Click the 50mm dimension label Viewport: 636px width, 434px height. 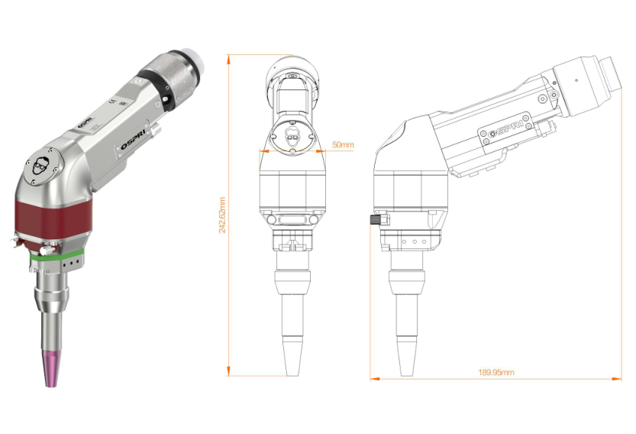(x=343, y=144)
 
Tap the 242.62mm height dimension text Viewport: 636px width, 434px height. (x=222, y=215)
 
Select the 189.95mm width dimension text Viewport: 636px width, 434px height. (x=496, y=372)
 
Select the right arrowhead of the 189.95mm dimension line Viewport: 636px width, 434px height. (x=618, y=377)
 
